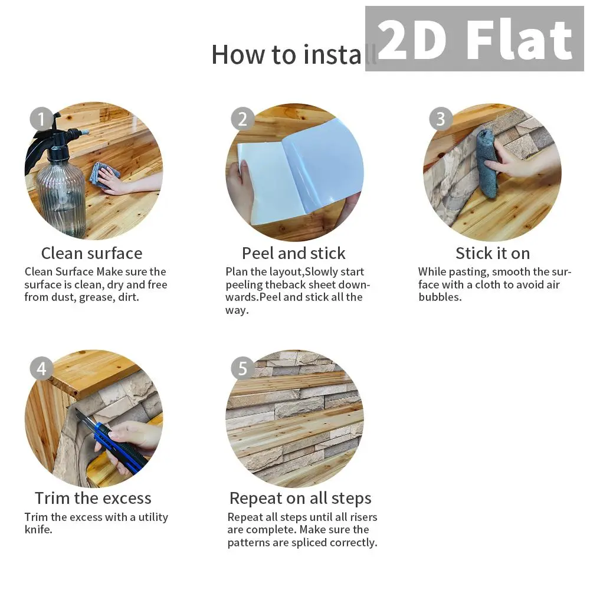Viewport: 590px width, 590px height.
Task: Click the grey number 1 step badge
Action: [x=41, y=119]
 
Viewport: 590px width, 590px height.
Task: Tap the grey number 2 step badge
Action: [x=242, y=119]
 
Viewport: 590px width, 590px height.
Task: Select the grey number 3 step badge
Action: [x=441, y=119]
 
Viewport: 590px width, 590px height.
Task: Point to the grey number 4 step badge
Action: [x=41, y=368]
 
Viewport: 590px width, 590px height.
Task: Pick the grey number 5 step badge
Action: [x=242, y=368]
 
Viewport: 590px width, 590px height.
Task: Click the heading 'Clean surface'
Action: [x=92, y=253]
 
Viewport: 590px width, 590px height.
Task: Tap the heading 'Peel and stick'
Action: [x=293, y=253]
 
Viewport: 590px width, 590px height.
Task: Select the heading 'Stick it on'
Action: [x=493, y=253]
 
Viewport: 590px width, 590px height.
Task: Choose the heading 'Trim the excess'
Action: [x=93, y=498]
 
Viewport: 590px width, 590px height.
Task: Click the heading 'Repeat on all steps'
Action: [x=300, y=499]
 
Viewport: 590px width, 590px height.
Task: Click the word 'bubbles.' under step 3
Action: [x=440, y=297]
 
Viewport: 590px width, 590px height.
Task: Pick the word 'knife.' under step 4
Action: [x=38, y=529]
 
